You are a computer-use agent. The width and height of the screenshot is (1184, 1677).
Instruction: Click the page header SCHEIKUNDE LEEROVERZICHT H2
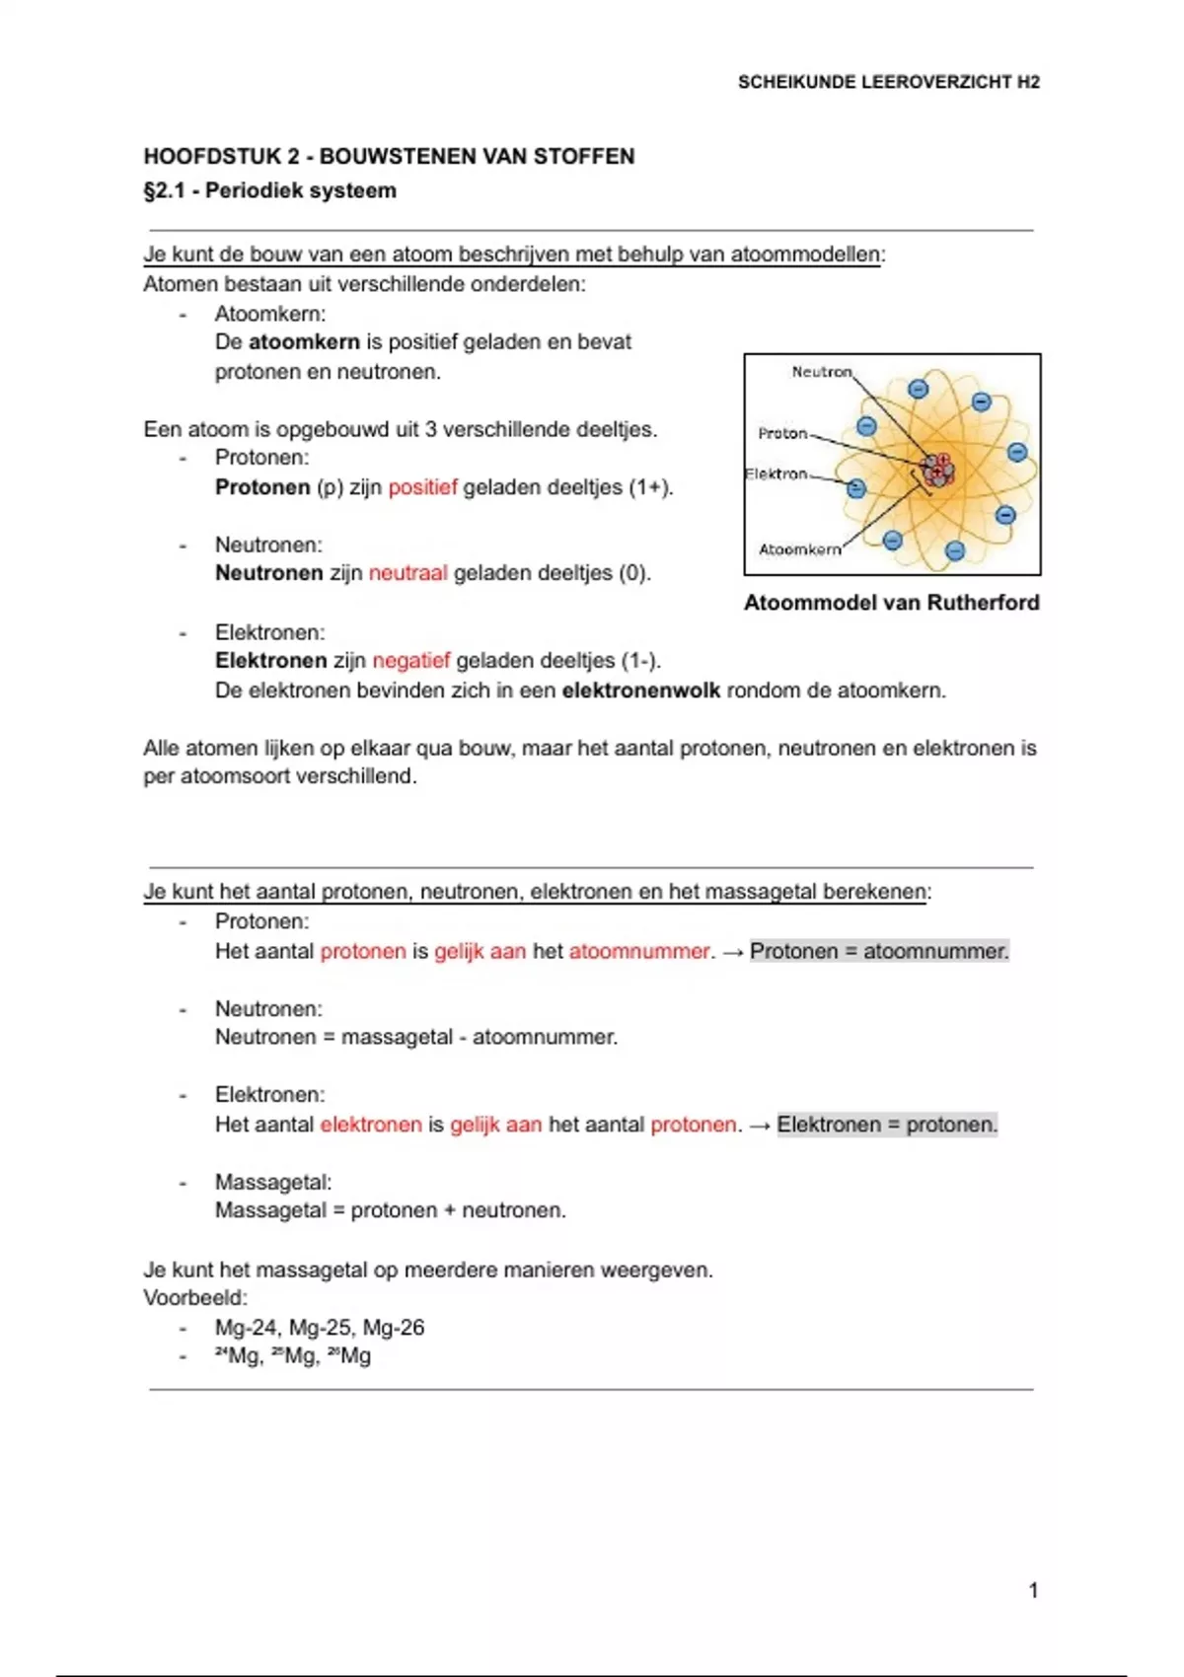pos(888,83)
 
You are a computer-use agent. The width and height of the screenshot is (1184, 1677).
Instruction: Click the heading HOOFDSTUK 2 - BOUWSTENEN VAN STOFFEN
pos(389,156)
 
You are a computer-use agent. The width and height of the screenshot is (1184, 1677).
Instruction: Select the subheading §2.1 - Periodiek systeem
pos(269,190)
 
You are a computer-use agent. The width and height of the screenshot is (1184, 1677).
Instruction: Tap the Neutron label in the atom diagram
pos(821,372)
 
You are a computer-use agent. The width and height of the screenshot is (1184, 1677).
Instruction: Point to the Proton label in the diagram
pos(782,433)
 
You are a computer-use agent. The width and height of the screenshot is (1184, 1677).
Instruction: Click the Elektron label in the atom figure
pos(777,474)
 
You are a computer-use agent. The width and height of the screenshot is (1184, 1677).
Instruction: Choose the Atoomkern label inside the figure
pos(799,549)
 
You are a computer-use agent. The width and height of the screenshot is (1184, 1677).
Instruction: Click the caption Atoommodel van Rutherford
pos(891,603)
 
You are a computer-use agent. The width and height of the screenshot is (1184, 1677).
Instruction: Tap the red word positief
pos(422,487)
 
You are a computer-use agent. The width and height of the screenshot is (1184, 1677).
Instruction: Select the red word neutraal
pos(407,573)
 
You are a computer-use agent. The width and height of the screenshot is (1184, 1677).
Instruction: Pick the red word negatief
pos(410,661)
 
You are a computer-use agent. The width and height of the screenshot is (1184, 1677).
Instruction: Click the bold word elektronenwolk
pos(640,691)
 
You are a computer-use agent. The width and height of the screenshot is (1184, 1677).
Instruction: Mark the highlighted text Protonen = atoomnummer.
pos(879,952)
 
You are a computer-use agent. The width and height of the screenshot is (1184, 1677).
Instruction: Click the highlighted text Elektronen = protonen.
pos(887,1125)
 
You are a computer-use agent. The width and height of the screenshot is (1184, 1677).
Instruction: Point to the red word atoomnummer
pos(639,952)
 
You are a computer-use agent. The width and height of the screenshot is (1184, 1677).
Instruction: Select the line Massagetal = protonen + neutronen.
pos(391,1210)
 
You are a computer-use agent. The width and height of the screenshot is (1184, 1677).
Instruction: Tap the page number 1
pos(1033,1590)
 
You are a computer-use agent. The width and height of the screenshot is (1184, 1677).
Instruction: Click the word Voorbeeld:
pos(195,1298)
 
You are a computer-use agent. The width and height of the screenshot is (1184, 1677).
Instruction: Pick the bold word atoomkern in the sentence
pos(304,342)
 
